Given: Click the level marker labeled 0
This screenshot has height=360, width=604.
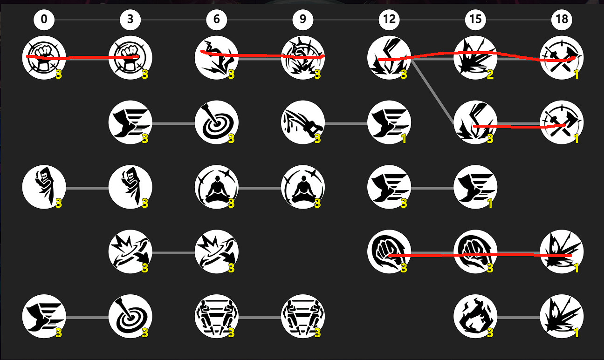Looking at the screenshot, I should (x=44, y=20).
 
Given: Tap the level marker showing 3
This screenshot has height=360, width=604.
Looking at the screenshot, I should (x=130, y=20).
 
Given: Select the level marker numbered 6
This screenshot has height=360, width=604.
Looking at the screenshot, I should (x=216, y=20).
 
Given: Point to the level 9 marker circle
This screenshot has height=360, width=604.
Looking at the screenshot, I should (x=303, y=20).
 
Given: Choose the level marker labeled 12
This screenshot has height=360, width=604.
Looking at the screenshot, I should (x=389, y=20).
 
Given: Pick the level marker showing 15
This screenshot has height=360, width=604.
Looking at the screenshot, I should (x=475, y=20).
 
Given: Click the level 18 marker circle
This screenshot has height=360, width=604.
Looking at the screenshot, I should (x=562, y=20).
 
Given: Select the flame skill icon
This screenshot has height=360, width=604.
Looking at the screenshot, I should (x=475, y=316).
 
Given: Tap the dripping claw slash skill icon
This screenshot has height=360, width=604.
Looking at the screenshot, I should (x=303, y=122).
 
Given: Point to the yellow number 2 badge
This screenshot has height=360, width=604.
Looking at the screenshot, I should (x=490, y=75).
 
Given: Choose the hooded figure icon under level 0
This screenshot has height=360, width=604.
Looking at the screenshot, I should (x=44, y=187).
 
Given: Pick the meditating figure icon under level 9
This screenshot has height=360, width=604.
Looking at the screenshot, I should (x=303, y=187).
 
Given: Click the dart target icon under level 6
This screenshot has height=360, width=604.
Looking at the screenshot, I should (x=216, y=122).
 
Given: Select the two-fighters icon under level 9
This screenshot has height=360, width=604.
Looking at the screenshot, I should (x=303, y=316).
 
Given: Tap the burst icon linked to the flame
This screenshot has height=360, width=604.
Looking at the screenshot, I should (x=562, y=316).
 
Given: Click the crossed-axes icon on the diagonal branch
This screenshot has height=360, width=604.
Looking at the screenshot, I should (x=562, y=122).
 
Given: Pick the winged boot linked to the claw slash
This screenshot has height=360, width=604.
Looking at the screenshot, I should (x=389, y=122).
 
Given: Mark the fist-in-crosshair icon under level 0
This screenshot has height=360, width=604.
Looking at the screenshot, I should (x=44, y=58).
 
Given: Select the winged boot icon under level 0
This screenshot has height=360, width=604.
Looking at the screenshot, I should (x=44, y=316).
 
